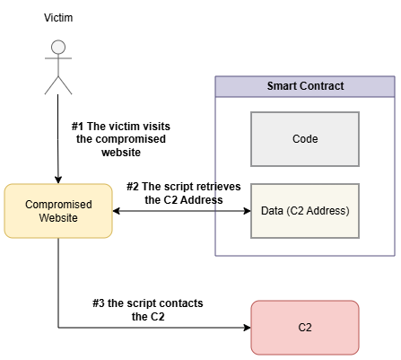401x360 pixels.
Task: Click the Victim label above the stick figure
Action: click(58, 18)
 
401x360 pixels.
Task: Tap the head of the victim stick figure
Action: click(58, 47)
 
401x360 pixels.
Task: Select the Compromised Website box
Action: click(58, 211)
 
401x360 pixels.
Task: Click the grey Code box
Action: click(305, 139)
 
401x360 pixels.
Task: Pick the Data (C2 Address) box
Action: click(305, 211)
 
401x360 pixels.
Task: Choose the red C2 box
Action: click(305, 328)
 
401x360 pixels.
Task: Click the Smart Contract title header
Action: click(305, 86)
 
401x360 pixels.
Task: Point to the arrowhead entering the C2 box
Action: click(248, 328)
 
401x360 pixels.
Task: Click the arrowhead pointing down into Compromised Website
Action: click(58, 180)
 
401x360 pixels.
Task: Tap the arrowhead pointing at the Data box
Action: click(248, 211)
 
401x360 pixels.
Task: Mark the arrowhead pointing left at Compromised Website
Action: click(117, 211)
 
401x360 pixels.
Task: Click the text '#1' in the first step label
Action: click(77, 127)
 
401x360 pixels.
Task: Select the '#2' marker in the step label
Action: click(133, 187)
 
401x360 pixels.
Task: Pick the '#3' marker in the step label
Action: click(99, 303)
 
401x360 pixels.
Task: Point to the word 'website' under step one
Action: click(121, 153)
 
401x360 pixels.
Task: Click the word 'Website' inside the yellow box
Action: click(58, 218)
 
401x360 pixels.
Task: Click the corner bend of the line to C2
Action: click(58, 328)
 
